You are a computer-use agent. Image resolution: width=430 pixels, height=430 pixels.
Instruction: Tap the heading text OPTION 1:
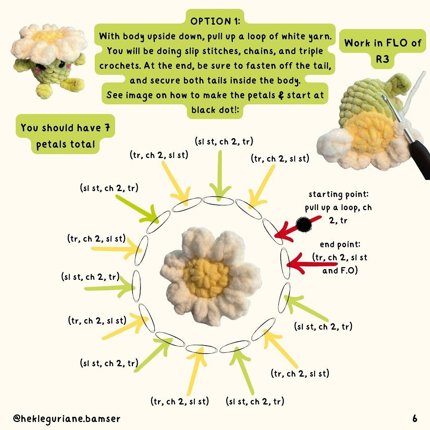(x=215, y=21)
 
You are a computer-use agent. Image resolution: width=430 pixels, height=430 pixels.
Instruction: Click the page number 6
(x=415, y=418)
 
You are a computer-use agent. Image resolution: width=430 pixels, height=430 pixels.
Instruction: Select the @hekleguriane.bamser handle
(x=66, y=418)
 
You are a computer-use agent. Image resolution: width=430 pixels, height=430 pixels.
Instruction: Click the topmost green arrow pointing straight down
(x=220, y=176)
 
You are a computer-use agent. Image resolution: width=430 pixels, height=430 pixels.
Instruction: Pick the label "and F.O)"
(x=340, y=271)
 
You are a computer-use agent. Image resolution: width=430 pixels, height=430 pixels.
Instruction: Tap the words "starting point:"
(x=339, y=194)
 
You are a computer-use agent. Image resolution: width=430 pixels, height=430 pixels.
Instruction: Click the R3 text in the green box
(x=382, y=59)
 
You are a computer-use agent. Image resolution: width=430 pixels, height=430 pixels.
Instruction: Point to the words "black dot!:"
(x=215, y=110)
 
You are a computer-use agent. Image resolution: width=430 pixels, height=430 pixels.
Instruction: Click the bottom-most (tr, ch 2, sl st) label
(x=180, y=401)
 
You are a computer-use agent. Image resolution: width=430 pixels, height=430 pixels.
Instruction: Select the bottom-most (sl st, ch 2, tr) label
(x=255, y=401)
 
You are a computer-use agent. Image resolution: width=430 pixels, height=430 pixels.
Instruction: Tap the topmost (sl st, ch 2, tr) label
(x=224, y=141)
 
